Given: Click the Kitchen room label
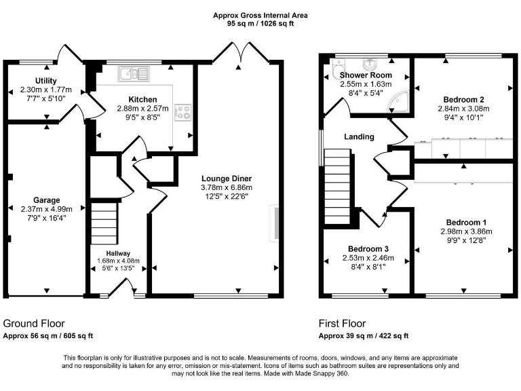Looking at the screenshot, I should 142,99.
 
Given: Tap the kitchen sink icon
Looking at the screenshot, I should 133,73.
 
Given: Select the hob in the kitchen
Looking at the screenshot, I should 182,112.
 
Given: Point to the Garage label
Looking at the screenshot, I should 46,200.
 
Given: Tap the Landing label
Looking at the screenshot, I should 359,136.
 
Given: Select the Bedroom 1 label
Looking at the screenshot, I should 466,223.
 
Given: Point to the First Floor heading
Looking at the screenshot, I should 343,324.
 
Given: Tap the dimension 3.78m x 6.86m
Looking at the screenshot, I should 227,187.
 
